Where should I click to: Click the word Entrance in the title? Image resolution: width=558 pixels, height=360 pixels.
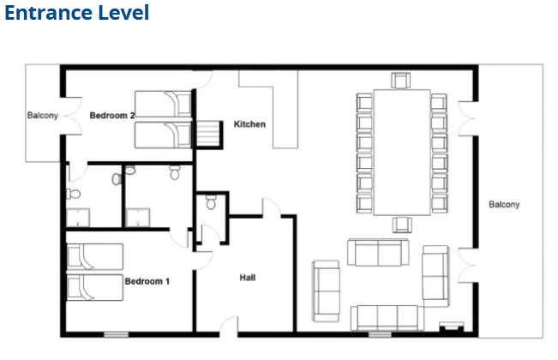(48, 13)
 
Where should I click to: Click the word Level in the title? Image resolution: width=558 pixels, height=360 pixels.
(123, 13)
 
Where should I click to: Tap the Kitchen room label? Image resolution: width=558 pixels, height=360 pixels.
(249, 124)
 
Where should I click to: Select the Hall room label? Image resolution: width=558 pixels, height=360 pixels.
(248, 278)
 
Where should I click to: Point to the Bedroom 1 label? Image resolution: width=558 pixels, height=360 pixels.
(147, 281)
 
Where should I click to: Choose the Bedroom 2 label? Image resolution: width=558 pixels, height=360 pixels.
(112, 115)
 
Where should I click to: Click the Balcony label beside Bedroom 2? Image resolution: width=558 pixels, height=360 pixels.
(42, 115)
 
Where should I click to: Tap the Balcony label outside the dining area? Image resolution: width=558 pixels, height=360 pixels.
(504, 204)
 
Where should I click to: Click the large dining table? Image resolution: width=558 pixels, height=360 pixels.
(402, 153)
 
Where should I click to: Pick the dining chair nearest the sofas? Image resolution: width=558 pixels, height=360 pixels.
(402, 225)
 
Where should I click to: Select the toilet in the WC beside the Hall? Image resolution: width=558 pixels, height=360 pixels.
(211, 202)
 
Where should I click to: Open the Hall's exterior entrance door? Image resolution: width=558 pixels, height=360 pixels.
(229, 327)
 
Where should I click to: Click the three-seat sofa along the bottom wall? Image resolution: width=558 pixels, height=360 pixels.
(387, 318)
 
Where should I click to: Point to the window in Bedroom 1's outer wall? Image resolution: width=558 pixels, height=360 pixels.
(116, 334)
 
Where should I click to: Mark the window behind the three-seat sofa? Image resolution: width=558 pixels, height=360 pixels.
(380, 334)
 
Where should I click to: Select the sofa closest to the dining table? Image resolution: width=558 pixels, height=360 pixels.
(378, 252)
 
